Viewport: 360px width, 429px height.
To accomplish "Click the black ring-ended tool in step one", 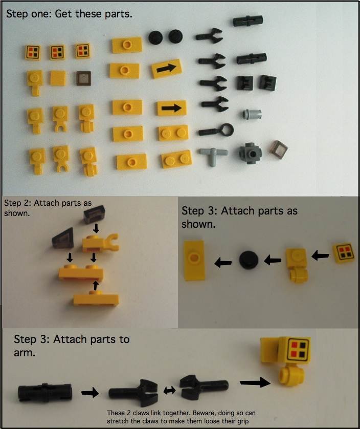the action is tap(216, 131).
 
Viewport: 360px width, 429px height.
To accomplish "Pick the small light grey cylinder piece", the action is tap(252, 114).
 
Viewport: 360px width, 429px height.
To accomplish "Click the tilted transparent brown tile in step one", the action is tap(280, 149).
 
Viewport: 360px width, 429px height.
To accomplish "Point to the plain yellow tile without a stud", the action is tap(58, 78).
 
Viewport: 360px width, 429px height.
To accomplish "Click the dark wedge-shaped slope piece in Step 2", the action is tap(63, 238).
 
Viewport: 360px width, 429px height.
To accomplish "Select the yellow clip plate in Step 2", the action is tap(100, 243).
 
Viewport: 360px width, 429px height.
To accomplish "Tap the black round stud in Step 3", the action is tap(249, 260).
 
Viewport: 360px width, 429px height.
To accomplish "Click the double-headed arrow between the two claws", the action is tap(169, 391).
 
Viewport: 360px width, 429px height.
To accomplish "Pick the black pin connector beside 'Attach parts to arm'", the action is tap(46, 393).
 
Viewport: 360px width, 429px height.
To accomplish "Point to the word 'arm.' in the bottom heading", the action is tap(25, 353).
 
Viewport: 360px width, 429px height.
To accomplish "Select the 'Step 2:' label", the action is tap(17, 203).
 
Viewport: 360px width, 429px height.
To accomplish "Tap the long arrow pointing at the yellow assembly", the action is tap(255, 382).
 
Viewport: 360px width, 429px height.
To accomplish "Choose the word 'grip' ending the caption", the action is tap(242, 421).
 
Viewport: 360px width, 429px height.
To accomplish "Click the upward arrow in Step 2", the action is tap(96, 286).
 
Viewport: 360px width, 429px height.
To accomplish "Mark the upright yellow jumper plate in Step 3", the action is tap(194, 260).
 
